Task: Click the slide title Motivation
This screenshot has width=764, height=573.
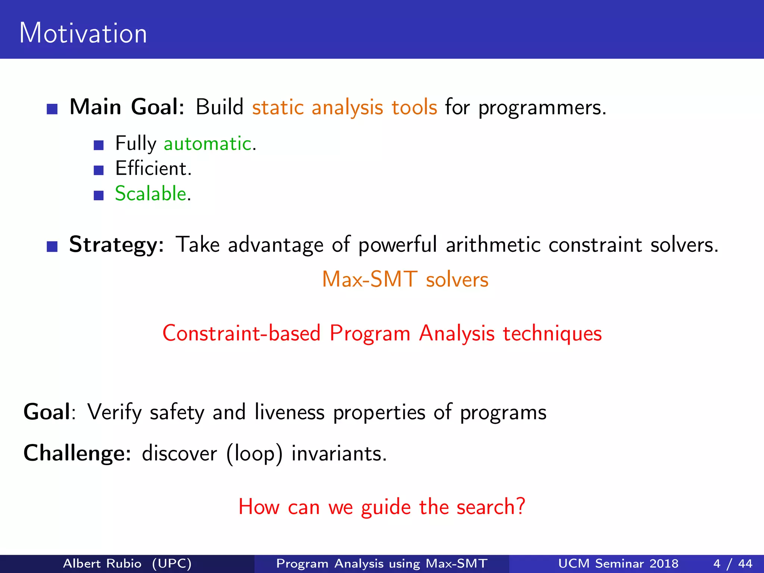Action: click(x=83, y=34)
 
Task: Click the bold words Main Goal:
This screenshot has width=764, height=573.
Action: click(x=127, y=107)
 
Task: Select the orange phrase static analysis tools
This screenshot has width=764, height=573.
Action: click(x=344, y=108)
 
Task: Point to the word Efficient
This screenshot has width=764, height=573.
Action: click(x=153, y=169)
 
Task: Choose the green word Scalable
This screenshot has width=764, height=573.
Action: click(x=151, y=194)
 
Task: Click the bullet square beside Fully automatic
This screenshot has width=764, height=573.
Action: click(x=98, y=145)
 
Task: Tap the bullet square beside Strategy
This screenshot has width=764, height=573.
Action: click(x=52, y=247)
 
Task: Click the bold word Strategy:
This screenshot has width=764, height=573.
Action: click(x=116, y=245)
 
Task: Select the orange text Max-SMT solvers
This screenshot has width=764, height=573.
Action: click(x=405, y=279)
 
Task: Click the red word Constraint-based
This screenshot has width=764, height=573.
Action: click(x=241, y=333)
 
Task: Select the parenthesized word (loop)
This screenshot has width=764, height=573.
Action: click(x=254, y=454)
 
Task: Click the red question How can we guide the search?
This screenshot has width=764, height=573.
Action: click(x=382, y=507)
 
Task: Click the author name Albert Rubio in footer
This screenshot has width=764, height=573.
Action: click(x=102, y=563)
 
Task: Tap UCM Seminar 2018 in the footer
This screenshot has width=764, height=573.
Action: click(x=618, y=563)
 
